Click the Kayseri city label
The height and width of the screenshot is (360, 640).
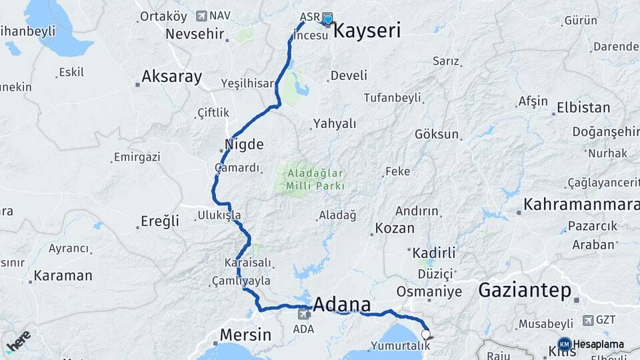pos(366,30)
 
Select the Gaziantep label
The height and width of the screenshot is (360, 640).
pos(525,291)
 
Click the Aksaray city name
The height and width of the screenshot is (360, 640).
pos(171,77)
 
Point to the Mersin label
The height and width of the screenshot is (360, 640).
pos(246,335)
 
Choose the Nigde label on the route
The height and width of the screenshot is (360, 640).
pos(245,145)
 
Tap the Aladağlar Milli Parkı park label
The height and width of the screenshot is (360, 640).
pos(315,180)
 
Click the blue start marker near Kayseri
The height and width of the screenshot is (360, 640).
pos(327,19)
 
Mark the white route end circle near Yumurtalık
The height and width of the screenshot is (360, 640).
pos(425,334)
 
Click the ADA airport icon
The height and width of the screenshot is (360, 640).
pos(304,313)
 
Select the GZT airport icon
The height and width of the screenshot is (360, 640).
pos(588,320)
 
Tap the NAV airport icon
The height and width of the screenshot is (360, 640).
pos(201,15)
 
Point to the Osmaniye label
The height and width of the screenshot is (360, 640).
pos(429,292)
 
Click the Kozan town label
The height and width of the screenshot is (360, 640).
pos(395,228)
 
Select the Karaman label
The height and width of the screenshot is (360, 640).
pos(63,275)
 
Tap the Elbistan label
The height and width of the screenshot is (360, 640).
pos(583,107)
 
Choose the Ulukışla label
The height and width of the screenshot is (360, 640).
pos(219,215)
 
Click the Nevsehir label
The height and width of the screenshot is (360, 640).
pos(197,33)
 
